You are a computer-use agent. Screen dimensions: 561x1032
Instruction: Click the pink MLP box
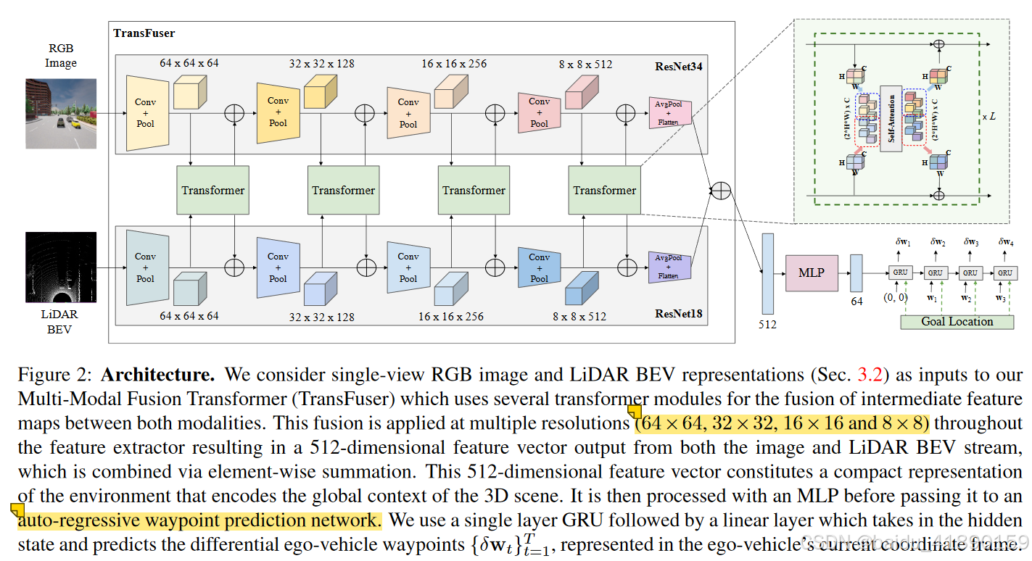811,273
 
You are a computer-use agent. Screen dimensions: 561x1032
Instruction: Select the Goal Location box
957,321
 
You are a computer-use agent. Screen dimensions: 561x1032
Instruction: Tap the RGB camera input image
61,113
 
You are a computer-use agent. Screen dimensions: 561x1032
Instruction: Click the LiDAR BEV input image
61,267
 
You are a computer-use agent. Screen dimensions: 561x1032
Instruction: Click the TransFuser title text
144,33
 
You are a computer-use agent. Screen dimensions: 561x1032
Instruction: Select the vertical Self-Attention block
891,117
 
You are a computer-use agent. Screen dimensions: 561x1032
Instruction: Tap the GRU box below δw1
900,273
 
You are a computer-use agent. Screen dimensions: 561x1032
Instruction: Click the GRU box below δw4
1004,273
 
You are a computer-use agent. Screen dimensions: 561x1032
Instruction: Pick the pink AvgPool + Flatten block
669,113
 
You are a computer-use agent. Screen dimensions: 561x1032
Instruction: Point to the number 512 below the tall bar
767,325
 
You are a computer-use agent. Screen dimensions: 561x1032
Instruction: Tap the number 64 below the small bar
856,302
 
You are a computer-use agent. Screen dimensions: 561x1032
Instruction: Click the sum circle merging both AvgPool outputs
721,190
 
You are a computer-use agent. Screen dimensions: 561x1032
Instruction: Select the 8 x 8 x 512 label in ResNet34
585,65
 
